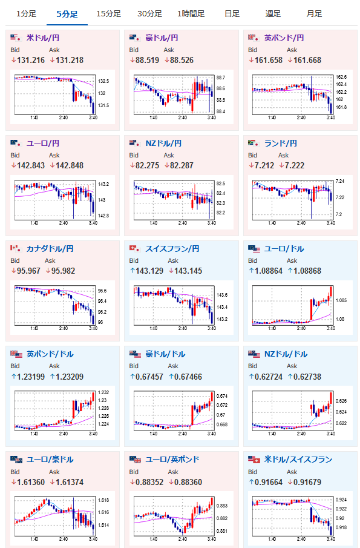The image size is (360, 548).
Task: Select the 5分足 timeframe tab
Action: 67,14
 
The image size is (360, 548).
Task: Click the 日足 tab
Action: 232,14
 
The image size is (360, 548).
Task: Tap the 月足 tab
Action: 314,14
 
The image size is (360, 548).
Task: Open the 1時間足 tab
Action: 191,14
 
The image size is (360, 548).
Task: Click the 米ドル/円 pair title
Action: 43,38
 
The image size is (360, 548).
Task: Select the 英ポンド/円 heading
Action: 284,38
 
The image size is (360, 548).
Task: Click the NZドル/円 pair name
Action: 163,144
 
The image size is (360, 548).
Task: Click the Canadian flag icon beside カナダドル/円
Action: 14,248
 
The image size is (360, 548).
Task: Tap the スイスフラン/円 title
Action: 172,248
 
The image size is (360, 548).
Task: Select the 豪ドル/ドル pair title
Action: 165,354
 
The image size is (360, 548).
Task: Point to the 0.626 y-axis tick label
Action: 341,401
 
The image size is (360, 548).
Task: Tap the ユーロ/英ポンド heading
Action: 172,459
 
